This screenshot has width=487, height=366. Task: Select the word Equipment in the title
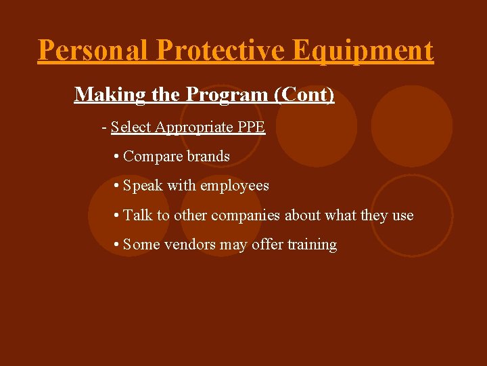[x=363, y=51]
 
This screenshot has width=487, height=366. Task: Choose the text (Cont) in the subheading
[x=304, y=94]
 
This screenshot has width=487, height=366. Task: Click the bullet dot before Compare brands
[x=117, y=157]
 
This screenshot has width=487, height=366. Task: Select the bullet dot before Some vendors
[x=117, y=245]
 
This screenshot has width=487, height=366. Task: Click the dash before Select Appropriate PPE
[x=104, y=127]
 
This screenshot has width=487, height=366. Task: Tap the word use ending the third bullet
[x=402, y=216]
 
